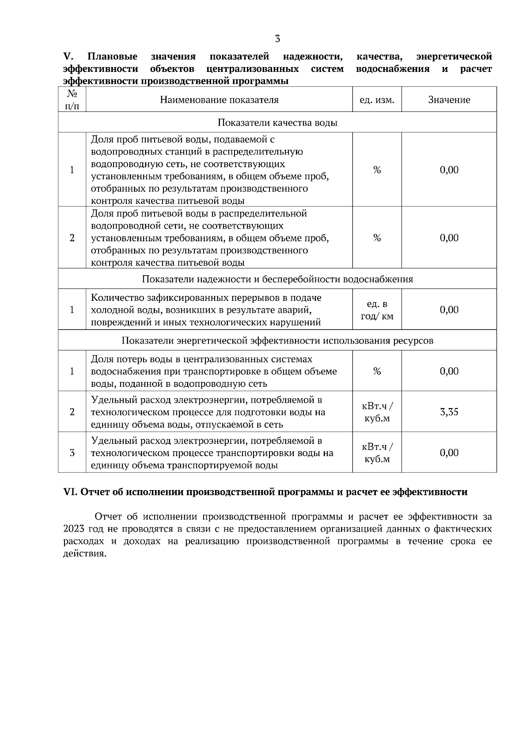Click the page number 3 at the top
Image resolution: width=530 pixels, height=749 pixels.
pos(277,39)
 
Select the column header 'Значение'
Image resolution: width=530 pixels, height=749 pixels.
pos(449,100)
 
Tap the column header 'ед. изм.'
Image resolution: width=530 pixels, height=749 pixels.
pos(377,100)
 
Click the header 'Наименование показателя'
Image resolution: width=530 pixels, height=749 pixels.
pos(219,100)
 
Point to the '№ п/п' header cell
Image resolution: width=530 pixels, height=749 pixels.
pos(72,100)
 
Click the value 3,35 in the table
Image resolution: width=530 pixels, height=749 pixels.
pos(449,412)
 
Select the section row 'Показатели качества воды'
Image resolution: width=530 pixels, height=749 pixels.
pos(277,123)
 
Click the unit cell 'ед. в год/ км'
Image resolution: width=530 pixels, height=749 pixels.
pos(377,310)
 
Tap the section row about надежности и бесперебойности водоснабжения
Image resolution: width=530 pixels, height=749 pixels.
pos(277,279)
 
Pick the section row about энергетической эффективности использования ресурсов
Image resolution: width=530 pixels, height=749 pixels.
pos(277,341)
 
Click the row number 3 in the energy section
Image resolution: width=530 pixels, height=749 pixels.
pos(72,453)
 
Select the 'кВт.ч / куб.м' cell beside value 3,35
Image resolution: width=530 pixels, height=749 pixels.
pos(377,412)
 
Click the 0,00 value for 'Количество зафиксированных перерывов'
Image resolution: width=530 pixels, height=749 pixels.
pos(449,310)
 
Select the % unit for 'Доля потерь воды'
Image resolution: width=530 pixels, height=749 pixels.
pos(377,371)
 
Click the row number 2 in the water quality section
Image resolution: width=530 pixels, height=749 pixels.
pos(72,238)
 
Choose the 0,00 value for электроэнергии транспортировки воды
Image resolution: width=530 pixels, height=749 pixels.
pos(449,453)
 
